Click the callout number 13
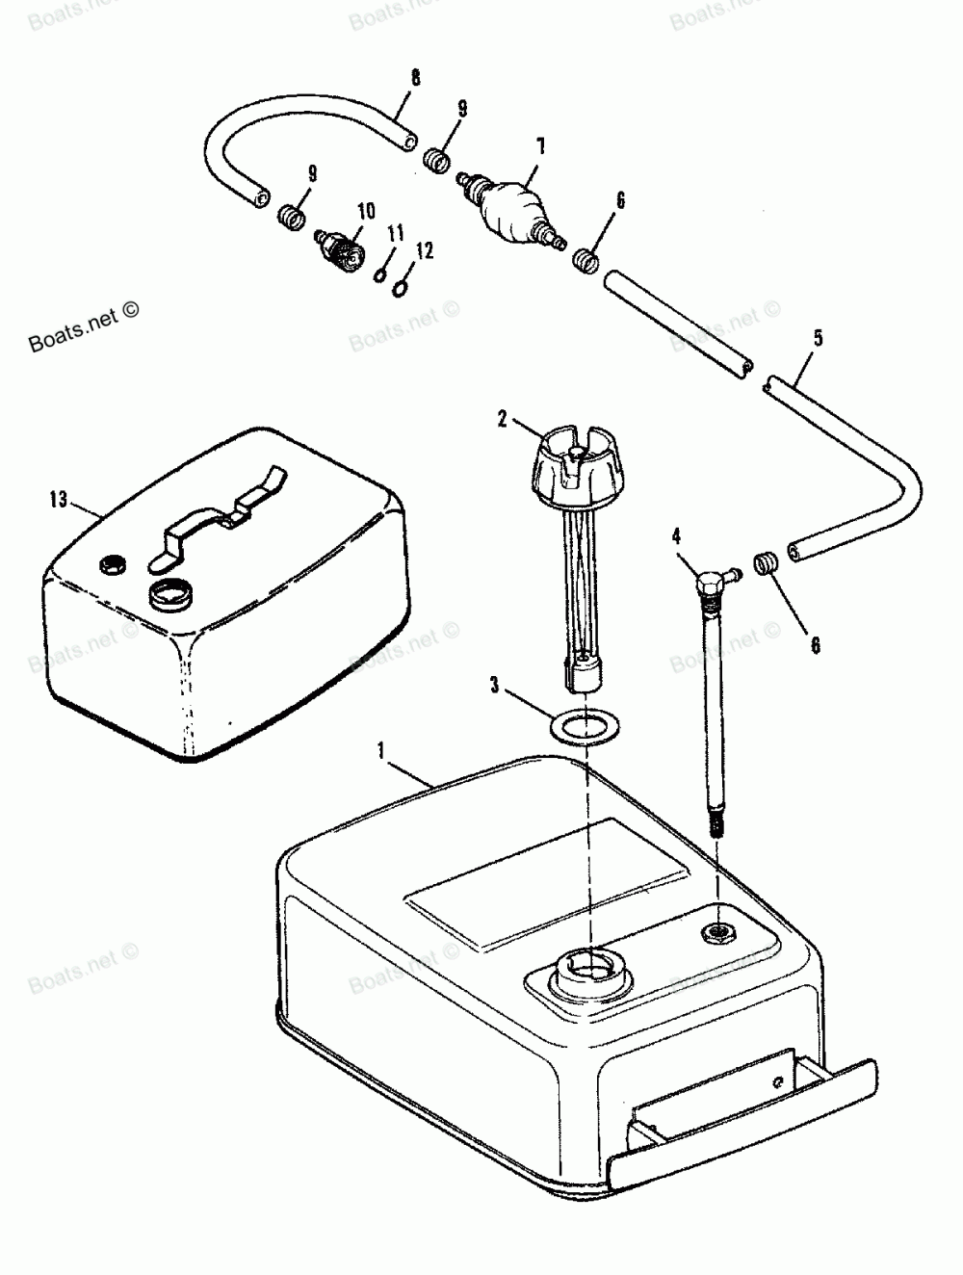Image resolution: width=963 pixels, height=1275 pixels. coord(59,498)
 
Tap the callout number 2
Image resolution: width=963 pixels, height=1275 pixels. coord(502,418)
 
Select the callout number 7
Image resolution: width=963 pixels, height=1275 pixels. coord(540,145)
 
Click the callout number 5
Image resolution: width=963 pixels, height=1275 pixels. coord(818,338)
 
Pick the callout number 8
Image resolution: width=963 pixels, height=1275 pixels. coord(415,78)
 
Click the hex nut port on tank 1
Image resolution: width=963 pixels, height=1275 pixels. coord(718,930)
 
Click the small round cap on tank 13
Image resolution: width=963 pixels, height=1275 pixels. coord(112,563)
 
